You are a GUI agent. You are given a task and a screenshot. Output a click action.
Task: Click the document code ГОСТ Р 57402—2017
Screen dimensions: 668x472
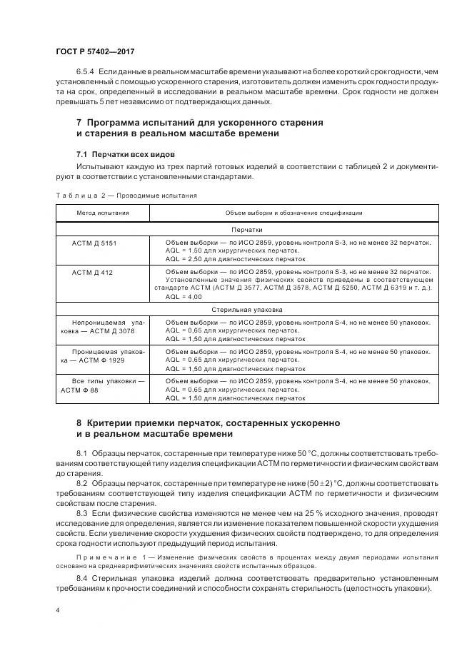[94, 52]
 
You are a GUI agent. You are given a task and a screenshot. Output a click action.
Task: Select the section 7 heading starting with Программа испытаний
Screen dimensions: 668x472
[199, 128]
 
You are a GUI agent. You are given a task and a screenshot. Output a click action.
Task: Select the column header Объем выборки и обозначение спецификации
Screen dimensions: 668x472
[293, 213]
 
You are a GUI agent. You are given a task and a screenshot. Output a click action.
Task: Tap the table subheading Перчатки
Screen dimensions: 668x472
[246, 230]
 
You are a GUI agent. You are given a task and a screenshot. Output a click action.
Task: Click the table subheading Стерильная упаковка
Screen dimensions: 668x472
[246, 310]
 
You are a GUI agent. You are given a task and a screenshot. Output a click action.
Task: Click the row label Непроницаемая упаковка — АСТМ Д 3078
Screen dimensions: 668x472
[102, 327]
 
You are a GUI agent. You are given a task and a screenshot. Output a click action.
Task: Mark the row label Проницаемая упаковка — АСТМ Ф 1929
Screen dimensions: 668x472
[102, 356]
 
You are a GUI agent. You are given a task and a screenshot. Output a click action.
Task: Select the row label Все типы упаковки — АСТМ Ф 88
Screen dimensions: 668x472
[102, 385]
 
